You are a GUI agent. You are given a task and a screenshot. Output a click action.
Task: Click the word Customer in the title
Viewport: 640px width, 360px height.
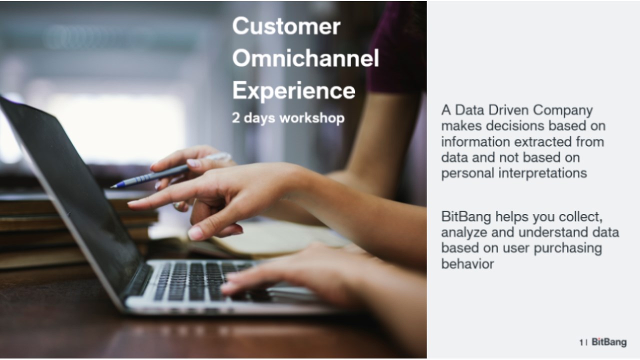[x=286, y=26]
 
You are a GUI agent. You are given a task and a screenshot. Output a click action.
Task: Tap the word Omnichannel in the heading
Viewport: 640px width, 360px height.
[x=305, y=58]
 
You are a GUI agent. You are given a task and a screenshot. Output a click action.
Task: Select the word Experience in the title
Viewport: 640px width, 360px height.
[x=293, y=90]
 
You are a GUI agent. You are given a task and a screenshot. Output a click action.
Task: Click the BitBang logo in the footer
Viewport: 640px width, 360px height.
[x=609, y=342]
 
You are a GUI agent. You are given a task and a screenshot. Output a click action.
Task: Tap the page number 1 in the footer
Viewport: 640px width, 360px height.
[x=581, y=342]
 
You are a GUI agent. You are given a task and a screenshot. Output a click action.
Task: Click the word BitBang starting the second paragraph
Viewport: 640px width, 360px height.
[x=466, y=216]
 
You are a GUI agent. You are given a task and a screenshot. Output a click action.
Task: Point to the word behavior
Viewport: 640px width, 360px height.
[x=467, y=263]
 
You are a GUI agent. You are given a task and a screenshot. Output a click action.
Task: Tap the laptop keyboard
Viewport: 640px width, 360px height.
[x=200, y=281]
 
